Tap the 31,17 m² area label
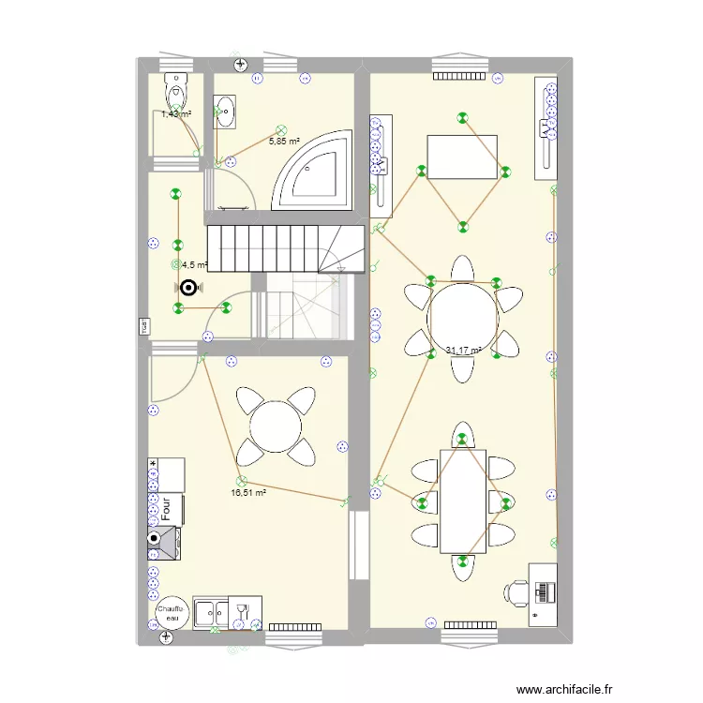[x=463, y=351]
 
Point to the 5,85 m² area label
[x=284, y=142]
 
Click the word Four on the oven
[x=166, y=510]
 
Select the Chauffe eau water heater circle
[x=172, y=613]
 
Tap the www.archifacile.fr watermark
[x=614, y=687]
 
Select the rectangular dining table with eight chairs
[x=463, y=501]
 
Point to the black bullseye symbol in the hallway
[x=188, y=289]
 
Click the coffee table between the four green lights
[x=463, y=157]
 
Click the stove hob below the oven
[x=163, y=543]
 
